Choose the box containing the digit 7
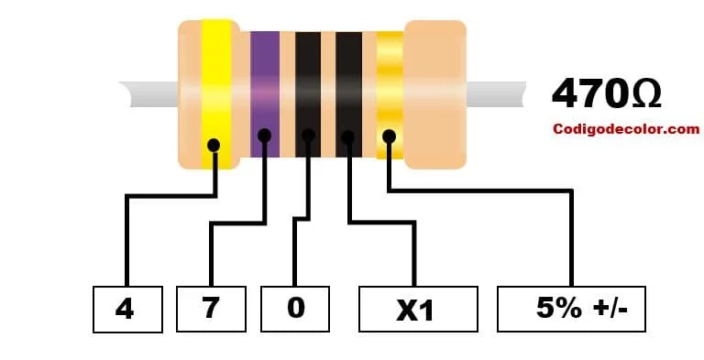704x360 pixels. pos(211,309)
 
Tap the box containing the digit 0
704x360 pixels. pos(295,309)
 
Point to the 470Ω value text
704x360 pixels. pos(606,94)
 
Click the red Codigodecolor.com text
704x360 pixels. pos(626,130)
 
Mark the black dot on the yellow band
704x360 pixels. pos(214,145)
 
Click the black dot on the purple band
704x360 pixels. pos(265,136)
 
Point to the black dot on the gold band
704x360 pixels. pos(389,136)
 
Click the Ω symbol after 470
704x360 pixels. pos(645,94)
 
